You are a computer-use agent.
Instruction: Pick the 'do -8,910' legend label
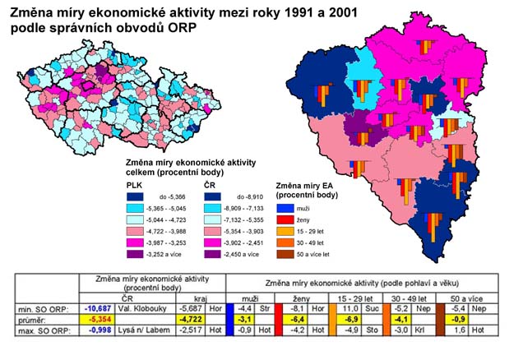251,197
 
